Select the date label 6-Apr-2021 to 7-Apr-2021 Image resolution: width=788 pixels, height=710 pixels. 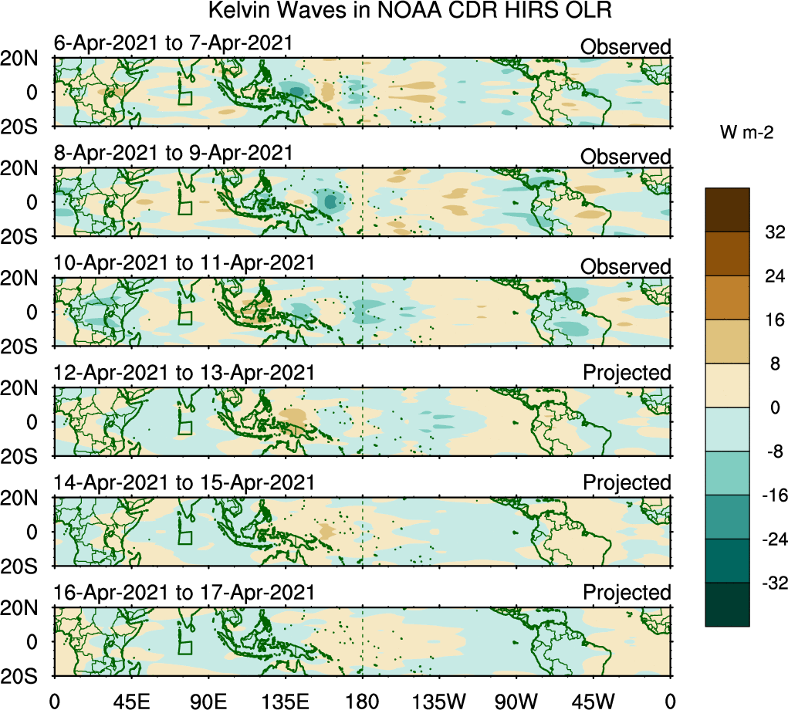click(x=174, y=43)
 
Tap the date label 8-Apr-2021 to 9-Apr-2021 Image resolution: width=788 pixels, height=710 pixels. click(x=174, y=153)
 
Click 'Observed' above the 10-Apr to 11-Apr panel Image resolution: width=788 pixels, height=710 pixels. click(x=625, y=267)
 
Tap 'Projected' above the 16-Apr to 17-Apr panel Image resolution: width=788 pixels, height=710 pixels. click(x=627, y=593)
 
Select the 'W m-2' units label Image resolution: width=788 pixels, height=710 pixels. click(x=747, y=133)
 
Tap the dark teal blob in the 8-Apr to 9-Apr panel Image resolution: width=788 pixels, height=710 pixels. click(x=331, y=202)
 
